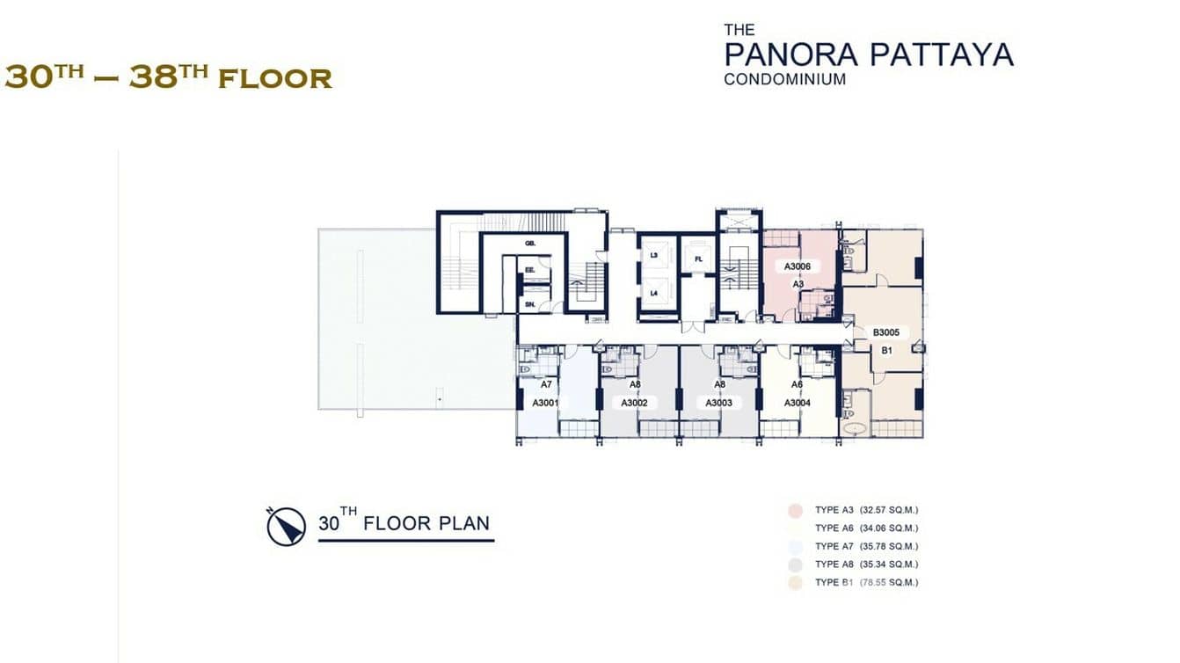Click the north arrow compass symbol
click(x=286, y=527)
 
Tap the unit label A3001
click(x=546, y=403)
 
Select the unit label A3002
click(x=634, y=403)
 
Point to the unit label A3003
click(x=719, y=403)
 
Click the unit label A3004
click(x=797, y=403)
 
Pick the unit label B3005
click(x=887, y=333)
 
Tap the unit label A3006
click(x=798, y=266)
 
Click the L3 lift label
click(x=653, y=255)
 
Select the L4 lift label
click(x=653, y=293)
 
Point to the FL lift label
click(x=698, y=259)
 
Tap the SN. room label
click(x=530, y=304)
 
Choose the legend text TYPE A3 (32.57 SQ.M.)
click(x=866, y=510)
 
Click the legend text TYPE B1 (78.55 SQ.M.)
click(x=866, y=583)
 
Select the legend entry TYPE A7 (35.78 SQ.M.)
click(x=866, y=546)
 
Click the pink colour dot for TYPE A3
click(x=795, y=510)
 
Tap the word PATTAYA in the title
click(x=941, y=55)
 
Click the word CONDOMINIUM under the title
click(x=784, y=79)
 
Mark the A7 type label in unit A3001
click(x=546, y=384)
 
